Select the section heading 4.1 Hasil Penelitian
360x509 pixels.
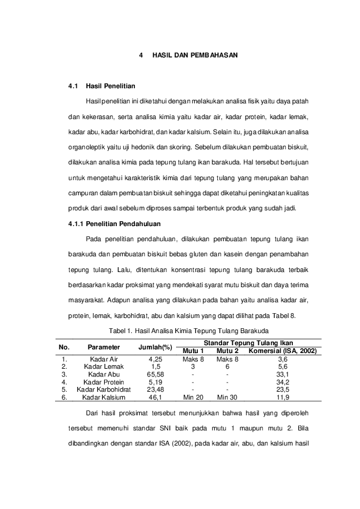pyautogui.click(x=111, y=86)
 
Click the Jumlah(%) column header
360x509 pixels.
pyautogui.click(x=155, y=347)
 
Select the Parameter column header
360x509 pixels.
pyautogui.click(x=103, y=347)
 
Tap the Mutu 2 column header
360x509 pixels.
pyautogui.click(x=227, y=351)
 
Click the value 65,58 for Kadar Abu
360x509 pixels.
pyautogui.click(x=155, y=374)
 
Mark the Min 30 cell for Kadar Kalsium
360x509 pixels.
pyautogui.click(x=227, y=397)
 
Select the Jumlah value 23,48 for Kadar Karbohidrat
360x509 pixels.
pyautogui.click(x=155, y=389)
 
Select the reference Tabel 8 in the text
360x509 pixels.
pyautogui.click(x=284, y=315)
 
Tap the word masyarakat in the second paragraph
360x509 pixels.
pyautogui.click(x=85, y=300)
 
